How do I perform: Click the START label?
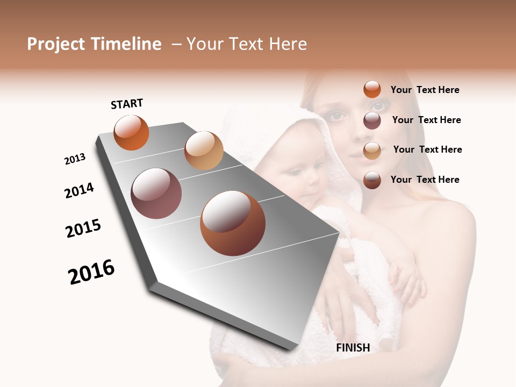point(127,104)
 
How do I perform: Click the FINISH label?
point(353,348)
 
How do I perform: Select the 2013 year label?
point(75,159)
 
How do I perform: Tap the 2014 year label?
point(79,190)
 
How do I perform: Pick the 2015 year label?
point(83,228)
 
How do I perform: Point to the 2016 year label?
point(91,272)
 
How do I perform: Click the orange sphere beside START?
point(131,132)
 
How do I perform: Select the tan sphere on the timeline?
point(204,150)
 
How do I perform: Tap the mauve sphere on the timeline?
point(156,193)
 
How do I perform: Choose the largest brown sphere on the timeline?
point(233,223)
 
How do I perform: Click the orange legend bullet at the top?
point(372,90)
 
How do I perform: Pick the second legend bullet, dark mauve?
point(372,120)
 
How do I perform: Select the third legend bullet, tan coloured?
point(372,150)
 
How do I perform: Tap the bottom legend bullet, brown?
point(372,180)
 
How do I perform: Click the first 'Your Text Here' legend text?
point(425,90)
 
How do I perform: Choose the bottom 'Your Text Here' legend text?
point(425,180)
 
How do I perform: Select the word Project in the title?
point(56,44)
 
